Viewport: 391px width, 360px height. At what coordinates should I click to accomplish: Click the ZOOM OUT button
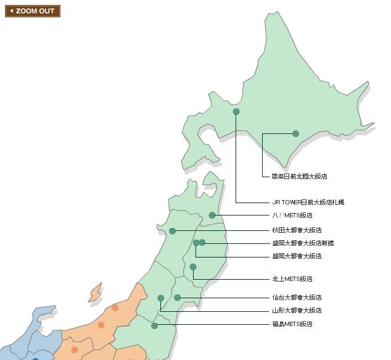33,11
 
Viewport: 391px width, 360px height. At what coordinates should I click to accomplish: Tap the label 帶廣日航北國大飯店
299,177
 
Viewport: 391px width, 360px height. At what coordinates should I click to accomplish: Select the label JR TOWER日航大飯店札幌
308,203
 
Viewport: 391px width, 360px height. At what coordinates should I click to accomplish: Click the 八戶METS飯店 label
292,216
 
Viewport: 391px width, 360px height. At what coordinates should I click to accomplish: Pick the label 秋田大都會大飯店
297,230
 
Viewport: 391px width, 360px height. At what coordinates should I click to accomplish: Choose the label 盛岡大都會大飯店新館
303,243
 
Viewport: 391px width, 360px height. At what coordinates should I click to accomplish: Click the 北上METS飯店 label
292,279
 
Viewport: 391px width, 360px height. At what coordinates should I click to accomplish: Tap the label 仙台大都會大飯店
297,298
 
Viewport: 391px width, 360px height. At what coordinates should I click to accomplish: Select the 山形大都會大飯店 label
297,311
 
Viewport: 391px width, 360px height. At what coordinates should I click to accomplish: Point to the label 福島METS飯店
292,324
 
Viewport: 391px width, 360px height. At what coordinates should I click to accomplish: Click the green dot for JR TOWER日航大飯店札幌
236,112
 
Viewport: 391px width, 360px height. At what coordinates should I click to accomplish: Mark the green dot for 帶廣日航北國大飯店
295,133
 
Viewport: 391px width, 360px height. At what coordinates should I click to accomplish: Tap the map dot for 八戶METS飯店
212,216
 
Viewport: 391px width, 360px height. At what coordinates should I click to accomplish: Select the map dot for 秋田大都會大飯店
173,231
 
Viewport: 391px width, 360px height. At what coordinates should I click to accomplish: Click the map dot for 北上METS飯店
193,267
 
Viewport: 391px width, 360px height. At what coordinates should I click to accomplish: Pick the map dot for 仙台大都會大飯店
178,298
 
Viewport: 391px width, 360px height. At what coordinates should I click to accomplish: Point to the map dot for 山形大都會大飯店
161,298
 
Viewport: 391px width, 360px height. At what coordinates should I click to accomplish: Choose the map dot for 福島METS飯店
155,325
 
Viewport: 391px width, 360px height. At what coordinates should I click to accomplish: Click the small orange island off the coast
95,293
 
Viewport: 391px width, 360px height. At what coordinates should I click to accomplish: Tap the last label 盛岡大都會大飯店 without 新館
297,256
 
